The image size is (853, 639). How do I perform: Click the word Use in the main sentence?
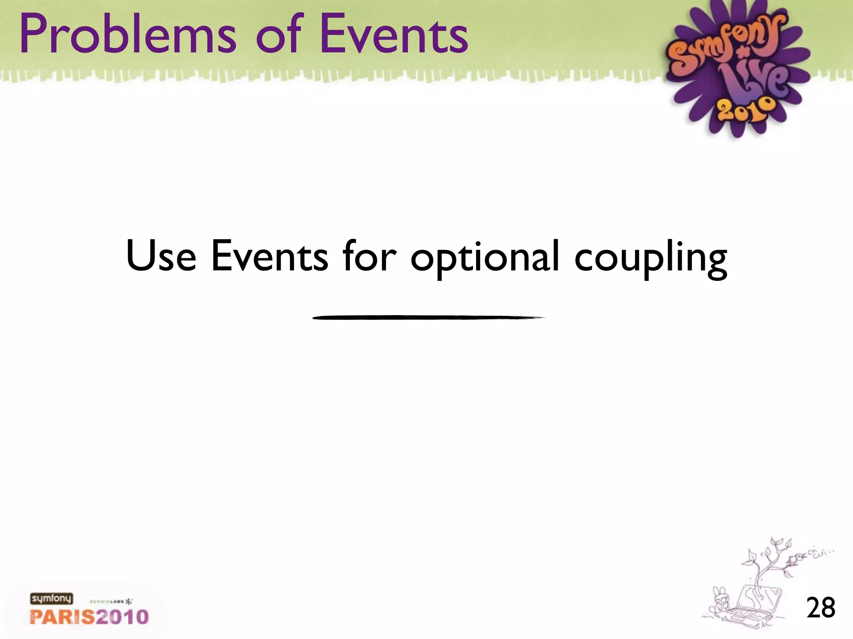point(161,255)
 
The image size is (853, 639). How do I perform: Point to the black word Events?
point(269,255)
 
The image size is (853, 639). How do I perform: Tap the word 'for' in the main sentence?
point(369,255)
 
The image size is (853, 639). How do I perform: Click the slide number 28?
point(821,608)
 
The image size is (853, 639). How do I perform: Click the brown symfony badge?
point(51,599)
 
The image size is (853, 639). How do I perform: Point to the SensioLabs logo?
point(111,602)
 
